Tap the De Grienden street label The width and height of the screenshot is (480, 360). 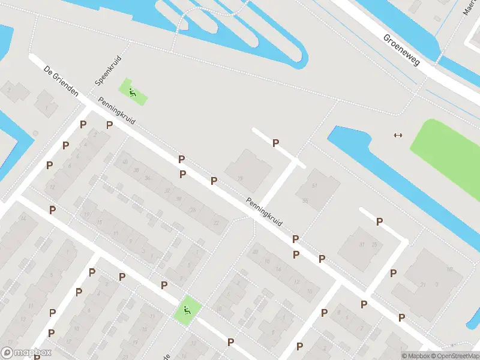(x=61, y=82)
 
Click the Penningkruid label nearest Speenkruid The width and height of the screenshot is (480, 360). (x=118, y=111)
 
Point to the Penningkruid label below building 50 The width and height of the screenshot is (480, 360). (x=264, y=213)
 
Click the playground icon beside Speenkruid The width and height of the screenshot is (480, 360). (x=132, y=92)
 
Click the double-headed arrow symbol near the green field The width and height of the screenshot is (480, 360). (x=397, y=135)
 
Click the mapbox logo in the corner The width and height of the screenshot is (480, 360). (x=26, y=352)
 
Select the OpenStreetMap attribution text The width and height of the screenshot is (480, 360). (x=457, y=356)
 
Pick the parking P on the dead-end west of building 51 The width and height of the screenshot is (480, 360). (x=275, y=143)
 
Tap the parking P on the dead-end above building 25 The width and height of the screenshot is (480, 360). (x=379, y=221)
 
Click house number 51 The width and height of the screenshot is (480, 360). (x=314, y=187)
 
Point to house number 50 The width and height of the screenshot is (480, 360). (x=305, y=200)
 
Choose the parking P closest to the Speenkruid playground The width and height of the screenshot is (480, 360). (x=109, y=125)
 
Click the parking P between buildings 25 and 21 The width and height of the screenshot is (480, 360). (x=393, y=273)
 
